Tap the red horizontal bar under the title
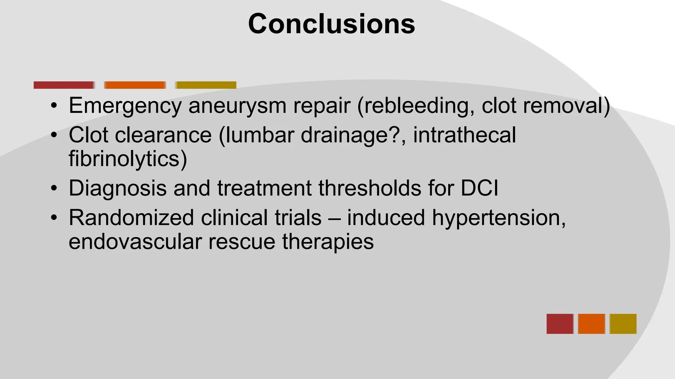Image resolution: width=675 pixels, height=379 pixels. click(64, 85)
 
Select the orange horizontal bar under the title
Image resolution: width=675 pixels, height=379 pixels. click(135, 85)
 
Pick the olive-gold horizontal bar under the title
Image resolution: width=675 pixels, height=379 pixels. click(206, 85)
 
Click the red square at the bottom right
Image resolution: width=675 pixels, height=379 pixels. click(560, 324)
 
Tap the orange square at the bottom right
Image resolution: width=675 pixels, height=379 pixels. click(591, 324)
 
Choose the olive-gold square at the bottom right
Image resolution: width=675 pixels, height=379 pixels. click(623, 324)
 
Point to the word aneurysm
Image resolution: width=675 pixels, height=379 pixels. click(237, 106)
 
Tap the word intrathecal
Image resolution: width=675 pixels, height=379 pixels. click(464, 135)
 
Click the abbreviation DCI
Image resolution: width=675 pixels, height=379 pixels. click(480, 188)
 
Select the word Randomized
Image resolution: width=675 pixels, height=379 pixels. click(131, 218)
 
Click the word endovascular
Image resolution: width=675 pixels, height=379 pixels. click(135, 241)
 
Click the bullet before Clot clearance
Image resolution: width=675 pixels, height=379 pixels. click(54, 136)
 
